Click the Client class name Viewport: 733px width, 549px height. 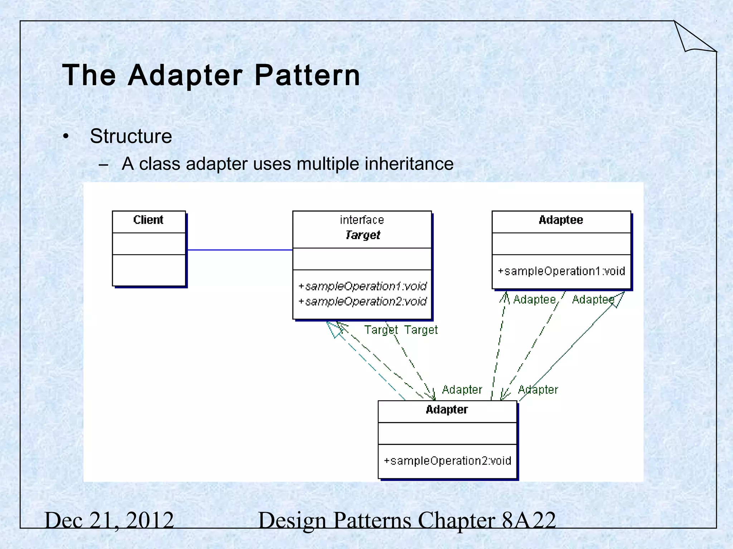click(148, 220)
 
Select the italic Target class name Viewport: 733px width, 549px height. click(362, 235)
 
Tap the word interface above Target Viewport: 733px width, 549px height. click(362, 220)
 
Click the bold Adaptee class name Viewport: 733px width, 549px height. click(560, 220)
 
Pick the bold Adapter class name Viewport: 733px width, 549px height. click(447, 410)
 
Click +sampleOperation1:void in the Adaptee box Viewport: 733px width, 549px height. click(561, 271)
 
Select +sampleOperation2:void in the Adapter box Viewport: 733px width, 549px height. click(447, 461)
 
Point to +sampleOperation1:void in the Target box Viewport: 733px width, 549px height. click(362, 286)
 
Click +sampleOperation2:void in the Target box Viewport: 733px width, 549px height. click(362, 302)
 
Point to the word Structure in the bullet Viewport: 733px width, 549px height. click(131, 136)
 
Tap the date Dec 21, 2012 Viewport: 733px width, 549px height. click(109, 520)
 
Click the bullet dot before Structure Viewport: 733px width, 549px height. click(65, 137)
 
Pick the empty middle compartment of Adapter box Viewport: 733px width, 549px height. click(447, 434)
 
